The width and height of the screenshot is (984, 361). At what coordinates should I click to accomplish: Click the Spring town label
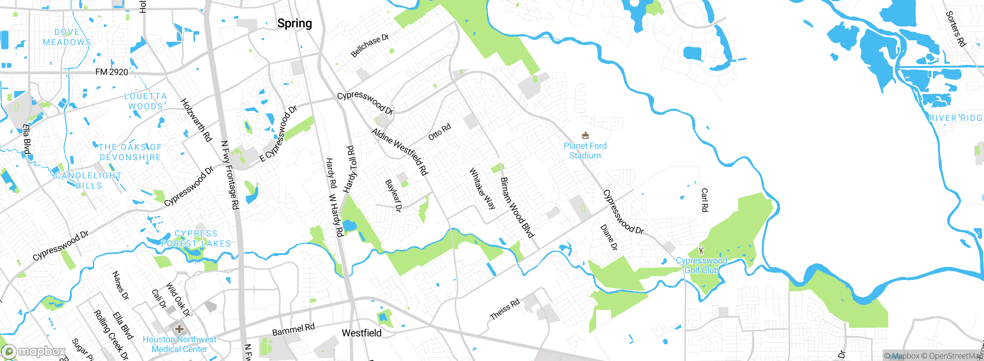tap(294, 23)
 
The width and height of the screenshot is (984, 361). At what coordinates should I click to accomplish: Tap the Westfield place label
tap(361, 333)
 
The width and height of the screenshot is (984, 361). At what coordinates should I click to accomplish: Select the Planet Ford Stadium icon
tap(585, 135)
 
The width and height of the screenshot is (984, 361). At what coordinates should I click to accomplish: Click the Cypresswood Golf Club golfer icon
tap(701, 250)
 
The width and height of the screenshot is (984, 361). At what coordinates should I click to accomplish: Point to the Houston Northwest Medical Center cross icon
tap(179, 329)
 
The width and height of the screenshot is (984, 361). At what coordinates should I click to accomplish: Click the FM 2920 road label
tap(111, 72)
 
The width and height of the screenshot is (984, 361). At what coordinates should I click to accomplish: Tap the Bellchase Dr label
tap(370, 46)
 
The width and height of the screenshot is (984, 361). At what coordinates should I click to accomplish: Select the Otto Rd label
tap(439, 132)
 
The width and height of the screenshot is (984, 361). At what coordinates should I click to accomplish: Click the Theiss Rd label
tap(505, 309)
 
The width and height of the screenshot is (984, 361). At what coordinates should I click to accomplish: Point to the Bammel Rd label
tap(293, 330)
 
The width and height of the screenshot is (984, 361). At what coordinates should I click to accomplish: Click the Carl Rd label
tap(705, 200)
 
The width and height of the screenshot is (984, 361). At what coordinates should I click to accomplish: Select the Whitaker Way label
tap(482, 188)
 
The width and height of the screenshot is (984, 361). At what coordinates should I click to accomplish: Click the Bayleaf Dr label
tap(394, 195)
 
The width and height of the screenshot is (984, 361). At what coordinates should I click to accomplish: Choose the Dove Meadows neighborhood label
tap(67, 37)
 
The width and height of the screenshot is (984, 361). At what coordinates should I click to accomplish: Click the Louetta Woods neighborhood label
tap(145, 101)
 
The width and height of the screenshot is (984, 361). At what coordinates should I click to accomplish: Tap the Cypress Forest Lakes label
tap(196, 238)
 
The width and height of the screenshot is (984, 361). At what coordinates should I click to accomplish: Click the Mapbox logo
tap(34, 351)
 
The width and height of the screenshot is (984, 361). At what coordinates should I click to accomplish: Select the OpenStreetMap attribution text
tap(956, 356)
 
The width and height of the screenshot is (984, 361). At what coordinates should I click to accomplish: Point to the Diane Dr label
tap(608, 238)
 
